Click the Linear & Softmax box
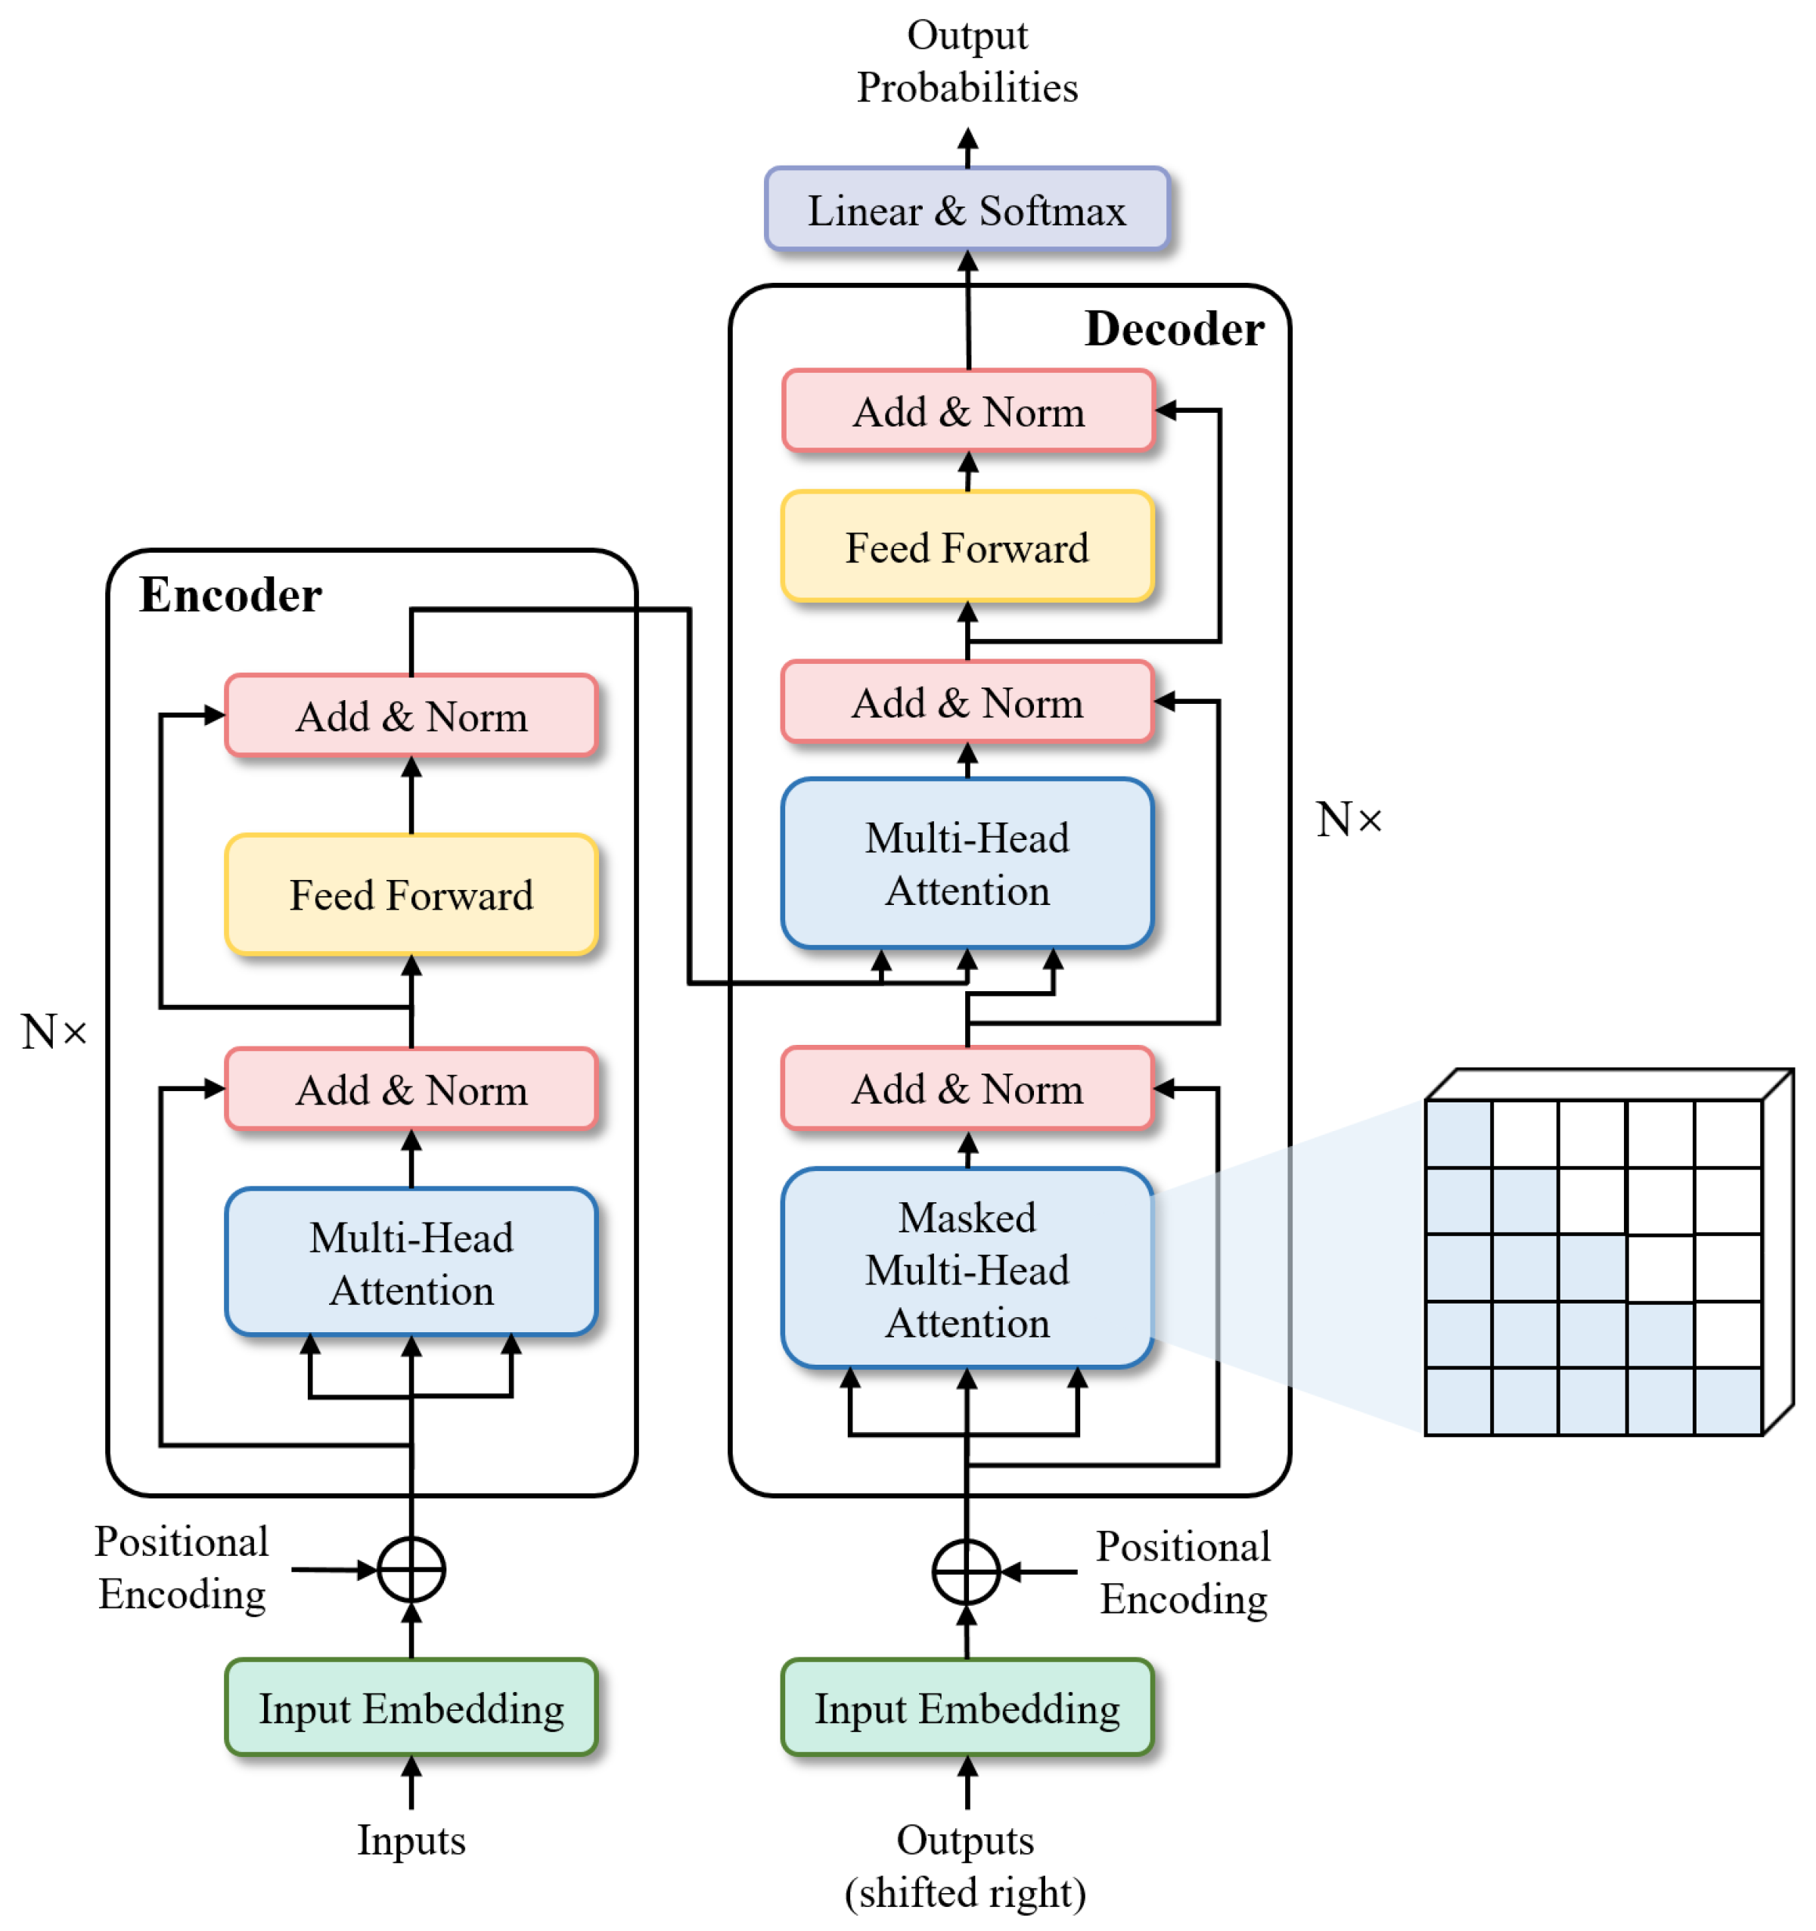pyautogui.click(x=966, y=209)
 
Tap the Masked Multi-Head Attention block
pyautogui.click(x=966, y=1268)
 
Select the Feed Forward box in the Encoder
pyautogui.click(x=411, y=894)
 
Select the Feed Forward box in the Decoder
pyautogui.click(x=966, y=547)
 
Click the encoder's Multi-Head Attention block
pyautogui.click(x=411, y=1262)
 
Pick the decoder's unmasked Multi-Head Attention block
pyautogui.click(x=966, y=863)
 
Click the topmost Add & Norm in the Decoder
pyautogui.click(x=968, y=411)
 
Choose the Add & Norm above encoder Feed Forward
pyautogui.click(x=411, y=716)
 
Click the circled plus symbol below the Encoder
pyautogui.click(x=411, y=1570)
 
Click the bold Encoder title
pyautogui.click(x=230, y=594)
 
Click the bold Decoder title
pyautogui.click(x=1174, y=328)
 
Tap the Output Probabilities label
pyautogui.click(x=966, y=61)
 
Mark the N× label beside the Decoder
pyautogui.click(x=1348, y=819)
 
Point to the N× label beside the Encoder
pyautogui.click(x=54, y=1031)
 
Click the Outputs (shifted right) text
pyautogui.click(x=965, y=1865)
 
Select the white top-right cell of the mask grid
pyautogui.click(x=1728, y=1133)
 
